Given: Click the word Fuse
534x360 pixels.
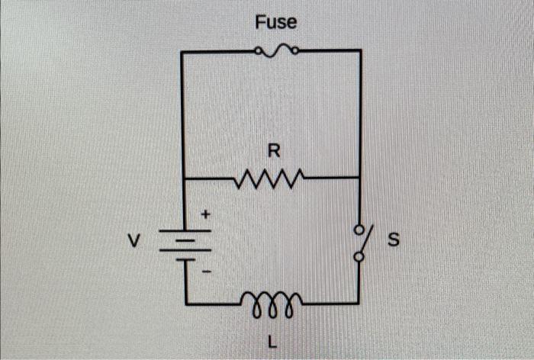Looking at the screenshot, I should click(276, 23).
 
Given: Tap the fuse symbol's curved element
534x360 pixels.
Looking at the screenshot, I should click(277, 51).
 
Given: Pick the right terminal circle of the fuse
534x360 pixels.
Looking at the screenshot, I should click(294, 52).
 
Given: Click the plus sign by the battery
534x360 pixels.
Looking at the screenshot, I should click(205, 216).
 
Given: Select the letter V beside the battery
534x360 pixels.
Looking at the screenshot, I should click(133, 243).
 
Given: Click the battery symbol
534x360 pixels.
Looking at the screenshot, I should click(183, 243).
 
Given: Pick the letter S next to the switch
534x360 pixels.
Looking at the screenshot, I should click(394, 242).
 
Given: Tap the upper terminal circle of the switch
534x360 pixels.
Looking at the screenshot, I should click(359, 227).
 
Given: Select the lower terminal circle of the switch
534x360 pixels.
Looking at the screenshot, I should click(359, 258).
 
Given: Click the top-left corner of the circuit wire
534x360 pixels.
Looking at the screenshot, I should click(182, 52).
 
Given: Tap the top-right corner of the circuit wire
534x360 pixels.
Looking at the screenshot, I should click(360, 51).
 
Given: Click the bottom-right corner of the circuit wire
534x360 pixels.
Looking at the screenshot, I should click(359, 304).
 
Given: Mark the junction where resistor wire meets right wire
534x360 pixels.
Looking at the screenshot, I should click(360, 177).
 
